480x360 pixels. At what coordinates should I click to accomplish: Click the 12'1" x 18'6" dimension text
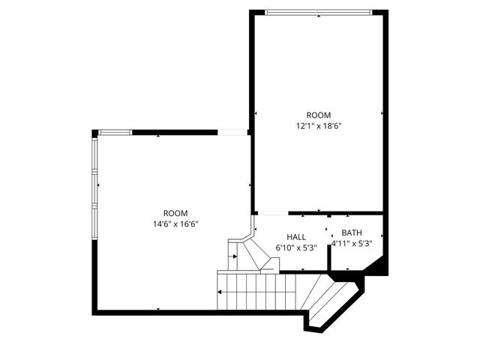pos(319,126)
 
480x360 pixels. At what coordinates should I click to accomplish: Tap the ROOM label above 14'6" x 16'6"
pos(175,213)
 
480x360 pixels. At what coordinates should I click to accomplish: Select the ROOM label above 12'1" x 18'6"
pos(319,115)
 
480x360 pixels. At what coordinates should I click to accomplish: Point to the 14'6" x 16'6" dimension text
pos(175,223)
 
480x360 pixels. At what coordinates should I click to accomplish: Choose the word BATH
pos(352,232)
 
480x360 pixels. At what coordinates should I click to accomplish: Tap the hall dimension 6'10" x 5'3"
pos(295,247)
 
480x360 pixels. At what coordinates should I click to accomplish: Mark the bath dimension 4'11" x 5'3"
pos(352,243)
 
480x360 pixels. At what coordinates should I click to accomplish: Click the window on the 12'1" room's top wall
pos(318,11)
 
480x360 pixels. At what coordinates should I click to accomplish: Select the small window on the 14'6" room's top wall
pos(115,133)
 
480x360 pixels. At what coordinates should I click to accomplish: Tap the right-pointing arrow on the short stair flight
pos(235,256)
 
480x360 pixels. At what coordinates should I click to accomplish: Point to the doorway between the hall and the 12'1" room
pos(270,213)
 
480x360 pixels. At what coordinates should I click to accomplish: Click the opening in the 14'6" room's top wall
pos(233,133)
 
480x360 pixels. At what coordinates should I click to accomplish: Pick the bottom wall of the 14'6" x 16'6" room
pos(157,312)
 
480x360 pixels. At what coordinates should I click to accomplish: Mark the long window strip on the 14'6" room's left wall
pos(94,187)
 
